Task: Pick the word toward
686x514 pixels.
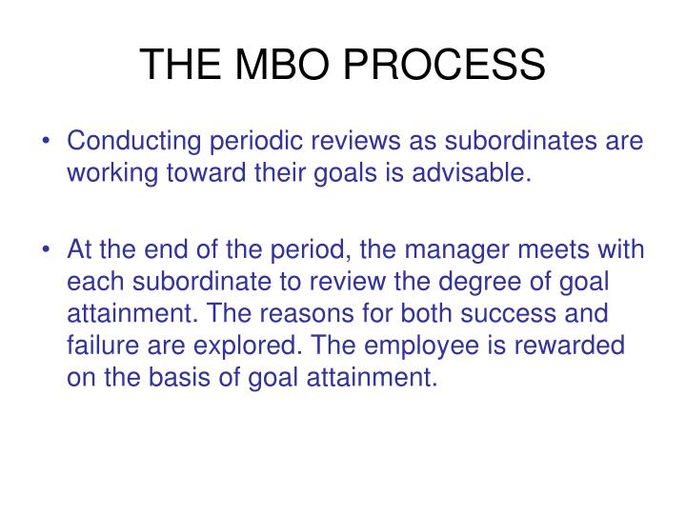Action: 196,174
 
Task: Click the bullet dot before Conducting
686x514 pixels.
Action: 48,142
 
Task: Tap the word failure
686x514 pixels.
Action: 99,346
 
